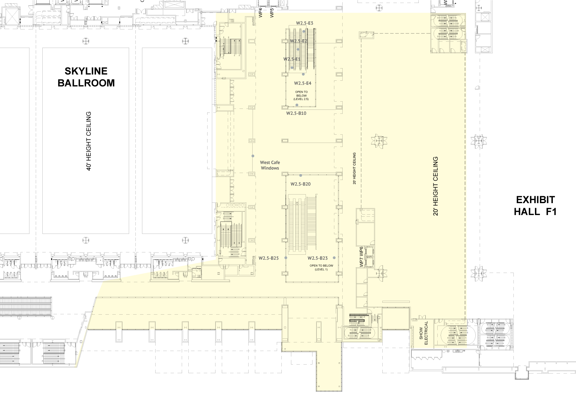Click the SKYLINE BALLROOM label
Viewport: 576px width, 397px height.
tap(86, 77)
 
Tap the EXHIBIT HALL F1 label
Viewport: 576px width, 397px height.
tap(535, 205)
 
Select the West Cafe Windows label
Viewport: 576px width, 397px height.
tap(270, 165)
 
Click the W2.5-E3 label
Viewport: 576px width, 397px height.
tap(305, 23)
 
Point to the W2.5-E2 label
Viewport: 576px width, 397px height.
tap(298, 41)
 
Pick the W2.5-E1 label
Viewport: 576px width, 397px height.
tap(292, 59)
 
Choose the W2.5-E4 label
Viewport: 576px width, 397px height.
tap(303, 83)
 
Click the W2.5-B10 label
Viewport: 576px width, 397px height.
tap(296, 113)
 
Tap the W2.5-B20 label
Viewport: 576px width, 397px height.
tap(301, 184)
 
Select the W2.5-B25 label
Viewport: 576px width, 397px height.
tap(268, 258)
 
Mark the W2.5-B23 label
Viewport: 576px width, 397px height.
tap(317, 258)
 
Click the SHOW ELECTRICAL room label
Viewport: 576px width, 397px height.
tap(424, 333)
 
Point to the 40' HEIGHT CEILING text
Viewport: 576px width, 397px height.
tap(88, 141)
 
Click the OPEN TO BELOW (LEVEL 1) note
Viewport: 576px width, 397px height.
tap(321, 268)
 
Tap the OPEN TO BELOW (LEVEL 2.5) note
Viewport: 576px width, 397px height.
tap(302, 96)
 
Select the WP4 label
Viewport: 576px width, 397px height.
tap(261, 13)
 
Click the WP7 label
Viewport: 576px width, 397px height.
tap(361, 262)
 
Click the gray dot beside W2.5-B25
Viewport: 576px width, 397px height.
tap(285, 258)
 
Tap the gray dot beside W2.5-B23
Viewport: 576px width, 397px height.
tap(334, 258)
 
